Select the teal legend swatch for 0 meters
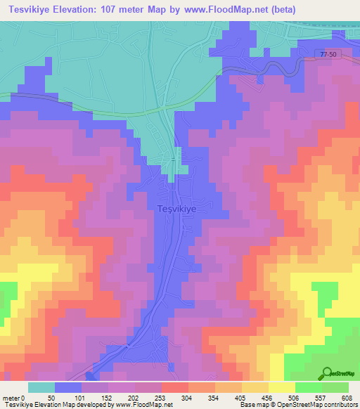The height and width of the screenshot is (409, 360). tap(41, 387)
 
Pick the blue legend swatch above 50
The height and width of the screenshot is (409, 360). tap(68, 387)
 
